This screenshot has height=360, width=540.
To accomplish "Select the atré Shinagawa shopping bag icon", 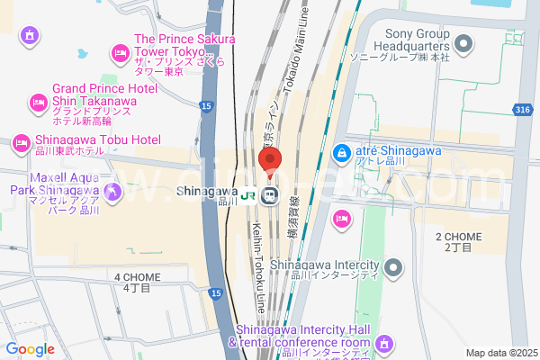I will click(342, 155).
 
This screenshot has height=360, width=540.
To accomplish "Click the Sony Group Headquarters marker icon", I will click(464, 42).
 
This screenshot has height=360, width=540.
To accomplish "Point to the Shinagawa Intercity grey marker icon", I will click(393, 267).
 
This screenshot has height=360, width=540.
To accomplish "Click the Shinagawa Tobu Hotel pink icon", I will click(21, 142).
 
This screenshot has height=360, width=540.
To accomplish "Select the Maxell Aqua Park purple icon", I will click(112, 191).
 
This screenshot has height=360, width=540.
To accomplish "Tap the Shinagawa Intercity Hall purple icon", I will click(384, 343).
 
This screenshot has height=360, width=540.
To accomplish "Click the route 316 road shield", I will click(523, 110).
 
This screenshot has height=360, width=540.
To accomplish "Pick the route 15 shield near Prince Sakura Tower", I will click(207, 106).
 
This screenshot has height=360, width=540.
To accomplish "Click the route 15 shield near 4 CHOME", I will click(214, 293).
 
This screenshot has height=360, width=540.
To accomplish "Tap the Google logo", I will click(30, 349).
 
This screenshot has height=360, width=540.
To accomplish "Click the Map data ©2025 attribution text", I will click(500, 353).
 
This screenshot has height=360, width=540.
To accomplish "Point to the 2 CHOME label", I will click(458, 241).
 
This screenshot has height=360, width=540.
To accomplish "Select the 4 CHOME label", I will click(137, 282).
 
